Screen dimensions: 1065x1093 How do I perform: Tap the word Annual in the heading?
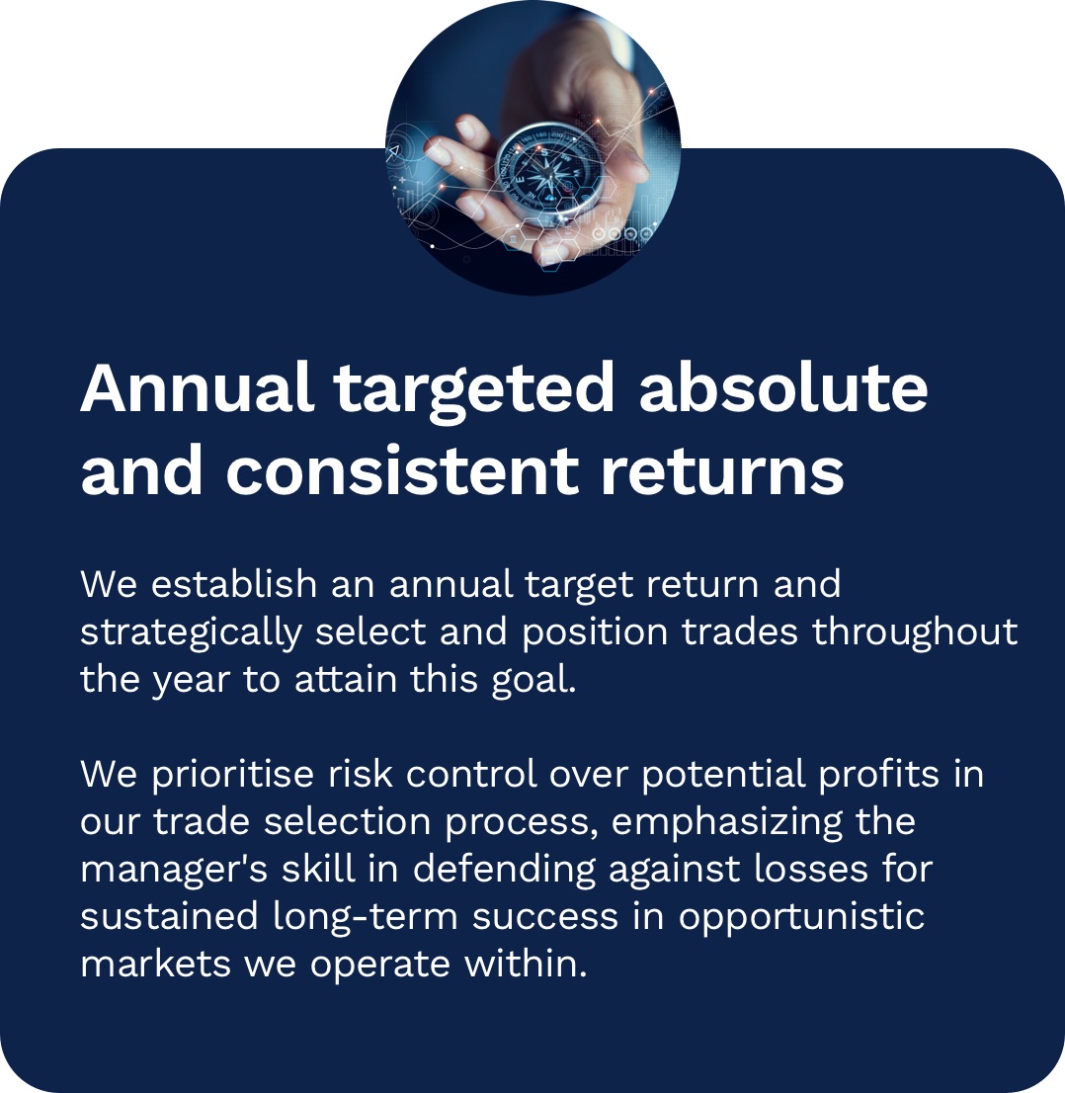(x=196, y=387)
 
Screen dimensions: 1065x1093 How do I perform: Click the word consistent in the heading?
(x=402, y=469)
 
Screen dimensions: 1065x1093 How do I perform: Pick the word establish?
(x=234, y=583)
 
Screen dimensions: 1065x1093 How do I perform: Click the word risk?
(x=361, y=774)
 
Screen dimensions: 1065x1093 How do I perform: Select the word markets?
(x=155, y=965)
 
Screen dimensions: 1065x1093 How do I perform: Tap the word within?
(x=527, y=965)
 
